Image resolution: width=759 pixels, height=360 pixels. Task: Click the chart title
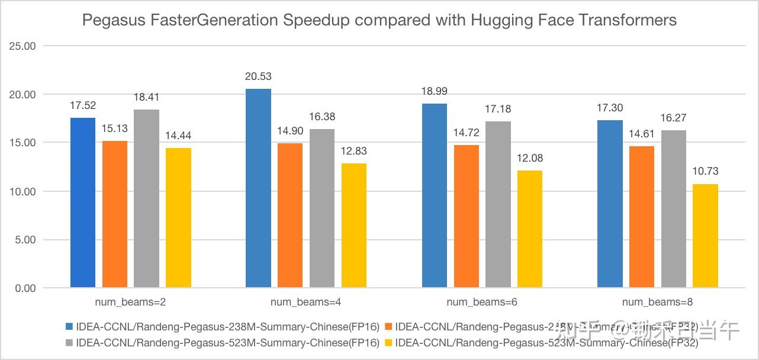point(379,20)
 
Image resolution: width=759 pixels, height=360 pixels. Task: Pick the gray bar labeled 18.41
point(146,198)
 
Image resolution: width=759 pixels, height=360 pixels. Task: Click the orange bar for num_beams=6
point(466,216)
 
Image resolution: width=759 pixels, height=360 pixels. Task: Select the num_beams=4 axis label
point(305,302)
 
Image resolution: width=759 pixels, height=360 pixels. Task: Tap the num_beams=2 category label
point(130,302)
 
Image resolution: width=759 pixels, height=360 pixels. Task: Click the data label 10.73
point(705,172)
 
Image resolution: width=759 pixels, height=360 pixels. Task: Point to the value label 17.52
point(83,105)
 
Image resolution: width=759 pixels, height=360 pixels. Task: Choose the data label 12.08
point(529,158)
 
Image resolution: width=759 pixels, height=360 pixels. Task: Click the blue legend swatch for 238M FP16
point(69,326)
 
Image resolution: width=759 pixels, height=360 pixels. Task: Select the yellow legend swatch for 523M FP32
point(388,342)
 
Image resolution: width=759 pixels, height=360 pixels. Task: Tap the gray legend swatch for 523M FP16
point(69,342)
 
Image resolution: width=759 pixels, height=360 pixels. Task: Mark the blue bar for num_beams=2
point(83,202)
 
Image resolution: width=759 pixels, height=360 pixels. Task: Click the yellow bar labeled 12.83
point(353,226)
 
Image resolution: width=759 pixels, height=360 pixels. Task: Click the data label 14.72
point(466,133)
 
